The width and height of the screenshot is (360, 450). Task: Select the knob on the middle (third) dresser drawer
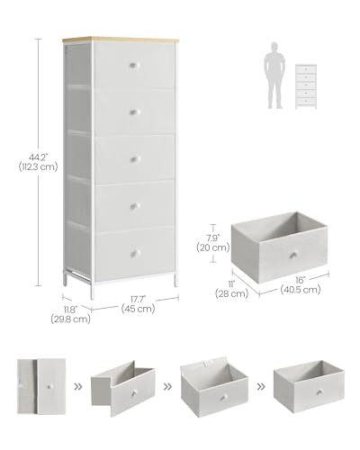[x=134, y=158]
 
